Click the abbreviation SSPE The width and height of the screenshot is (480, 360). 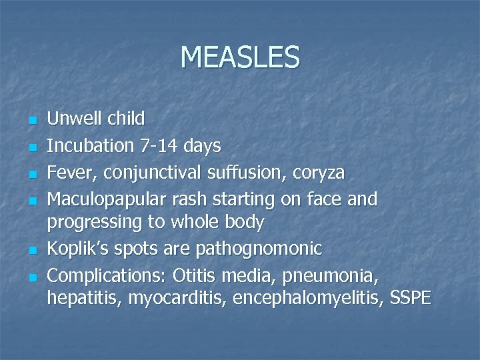(411, 298)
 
